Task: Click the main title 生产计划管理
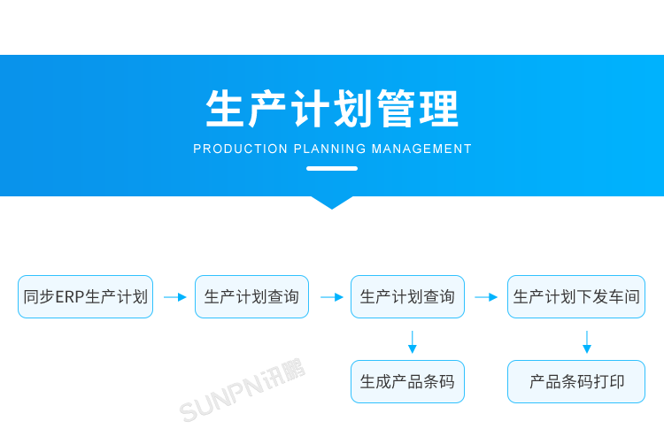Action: [332, 110]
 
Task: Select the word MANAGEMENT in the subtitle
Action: [421, 149]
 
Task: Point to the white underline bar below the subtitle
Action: [332, 168]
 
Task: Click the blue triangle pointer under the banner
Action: [332, 202]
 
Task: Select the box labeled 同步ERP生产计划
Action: [85, 297]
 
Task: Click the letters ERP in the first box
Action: [69, 297]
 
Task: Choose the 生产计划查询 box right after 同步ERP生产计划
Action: [251, 297]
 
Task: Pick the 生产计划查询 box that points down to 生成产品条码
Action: [407, 297]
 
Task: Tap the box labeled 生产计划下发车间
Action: [576, 297]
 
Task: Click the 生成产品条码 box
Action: [407, 382]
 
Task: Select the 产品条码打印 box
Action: [576, 382]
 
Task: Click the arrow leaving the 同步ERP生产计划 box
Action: [174, 297]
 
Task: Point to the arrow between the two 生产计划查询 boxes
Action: [331, 297]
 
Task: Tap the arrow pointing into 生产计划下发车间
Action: [486, 297]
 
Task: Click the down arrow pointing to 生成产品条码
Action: [412, 341]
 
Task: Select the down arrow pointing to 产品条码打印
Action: [586, 341]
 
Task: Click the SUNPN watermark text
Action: [242, 390]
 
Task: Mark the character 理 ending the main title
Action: [440, 110]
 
